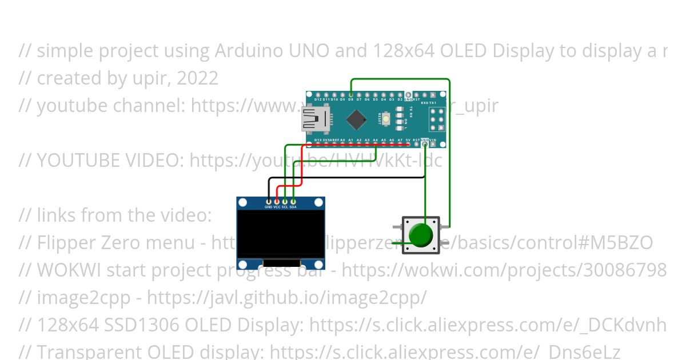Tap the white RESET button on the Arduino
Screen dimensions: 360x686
coord(387,119)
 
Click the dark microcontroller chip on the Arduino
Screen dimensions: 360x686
coord(357,119)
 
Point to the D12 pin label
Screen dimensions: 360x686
coord(318,99)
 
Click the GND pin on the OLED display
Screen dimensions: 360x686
coord(268,201)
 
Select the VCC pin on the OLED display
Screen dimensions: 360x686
coord(277,201)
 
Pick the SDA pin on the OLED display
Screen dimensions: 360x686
coord(293,201)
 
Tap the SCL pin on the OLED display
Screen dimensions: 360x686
coord(285,201)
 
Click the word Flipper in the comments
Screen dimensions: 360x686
coord(65,243)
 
